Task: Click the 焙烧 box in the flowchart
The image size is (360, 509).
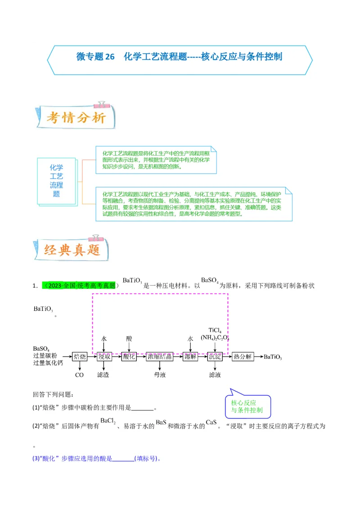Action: (x=80, y=357)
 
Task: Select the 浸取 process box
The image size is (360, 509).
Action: (x=104, y=357)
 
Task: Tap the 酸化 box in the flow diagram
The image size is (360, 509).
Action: (x=129, y=357)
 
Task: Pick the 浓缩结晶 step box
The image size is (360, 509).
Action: (x=160, y=357)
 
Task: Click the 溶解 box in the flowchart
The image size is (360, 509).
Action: (x=190, y=357)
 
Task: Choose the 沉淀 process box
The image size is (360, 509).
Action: (x=215, y=357)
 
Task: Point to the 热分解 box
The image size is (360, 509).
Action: (x=243, y=357)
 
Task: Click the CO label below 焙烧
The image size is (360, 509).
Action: (x=80, y=375)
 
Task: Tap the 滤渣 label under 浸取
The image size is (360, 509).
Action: (x=103, y=375)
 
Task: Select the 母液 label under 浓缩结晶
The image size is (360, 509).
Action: (x=160, y=375)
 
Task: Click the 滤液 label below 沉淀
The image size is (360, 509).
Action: (x=215, y=375)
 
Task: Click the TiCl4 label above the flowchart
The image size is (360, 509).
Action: (x=215, y=330)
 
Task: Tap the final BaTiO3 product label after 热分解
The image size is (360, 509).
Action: (x=273, y=357)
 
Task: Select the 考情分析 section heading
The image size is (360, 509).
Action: (x=76, y=118)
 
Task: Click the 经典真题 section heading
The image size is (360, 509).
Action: (x=72, y=250)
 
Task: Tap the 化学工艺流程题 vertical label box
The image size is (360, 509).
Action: (x=56, y=181)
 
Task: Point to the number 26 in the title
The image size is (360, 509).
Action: (x=110, y=57)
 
